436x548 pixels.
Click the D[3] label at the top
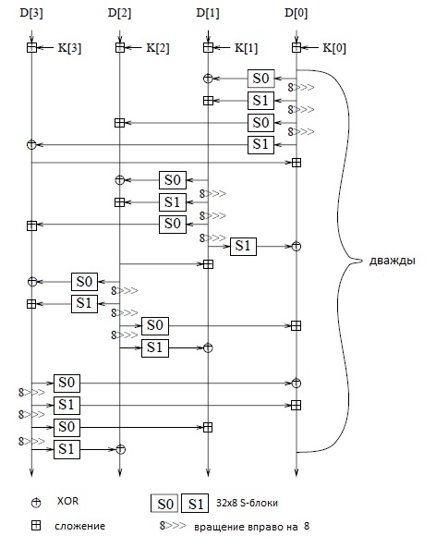pos(31,13)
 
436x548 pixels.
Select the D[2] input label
pos(119,13)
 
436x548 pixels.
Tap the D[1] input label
pos(208,13)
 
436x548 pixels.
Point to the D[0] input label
pos(297,13)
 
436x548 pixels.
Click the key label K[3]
pos(69,48)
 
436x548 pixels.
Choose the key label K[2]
pos(158,48)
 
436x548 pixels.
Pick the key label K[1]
pos(247,48)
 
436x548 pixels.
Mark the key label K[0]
pos(334,48)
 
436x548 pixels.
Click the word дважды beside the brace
pos(393,261)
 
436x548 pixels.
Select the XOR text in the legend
pos(67,501)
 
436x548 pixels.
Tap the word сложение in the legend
pos(79,526)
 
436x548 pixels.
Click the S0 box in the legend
pos(164,504)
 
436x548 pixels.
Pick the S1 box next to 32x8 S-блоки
pos(195,504)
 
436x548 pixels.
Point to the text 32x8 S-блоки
pos(247,503)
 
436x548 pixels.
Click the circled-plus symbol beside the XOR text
pos(36,503)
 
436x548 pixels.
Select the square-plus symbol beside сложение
pos(36,525)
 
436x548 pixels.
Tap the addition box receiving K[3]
pos(31,47)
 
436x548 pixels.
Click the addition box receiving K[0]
pos(297,47)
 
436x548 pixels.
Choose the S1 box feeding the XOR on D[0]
pos(243,247)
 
